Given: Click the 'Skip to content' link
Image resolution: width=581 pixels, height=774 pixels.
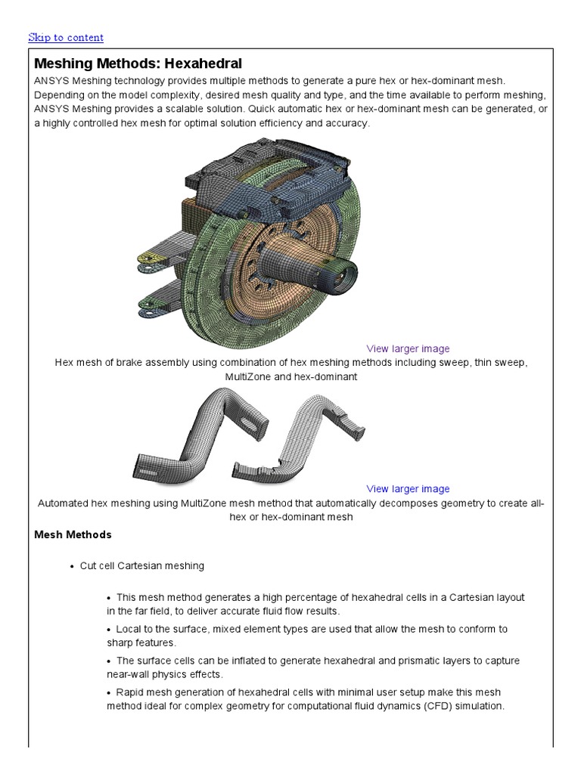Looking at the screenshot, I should pos(66,37).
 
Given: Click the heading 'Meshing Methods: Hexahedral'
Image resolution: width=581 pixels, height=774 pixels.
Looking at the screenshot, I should pos(138,63).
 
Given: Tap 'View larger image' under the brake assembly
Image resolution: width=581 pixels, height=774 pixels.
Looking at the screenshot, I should pos(408,348).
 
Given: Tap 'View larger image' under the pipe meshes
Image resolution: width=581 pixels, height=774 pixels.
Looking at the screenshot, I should pos(408,488).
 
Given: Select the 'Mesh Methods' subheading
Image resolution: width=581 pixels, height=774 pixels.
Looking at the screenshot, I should pos(73,534).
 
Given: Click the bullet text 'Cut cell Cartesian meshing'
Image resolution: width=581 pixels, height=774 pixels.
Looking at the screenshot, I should pos(141,565).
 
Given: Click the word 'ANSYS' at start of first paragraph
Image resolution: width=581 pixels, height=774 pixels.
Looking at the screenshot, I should pos(51,80).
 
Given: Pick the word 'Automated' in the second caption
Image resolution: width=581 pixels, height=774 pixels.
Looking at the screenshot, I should pos(64,503).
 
